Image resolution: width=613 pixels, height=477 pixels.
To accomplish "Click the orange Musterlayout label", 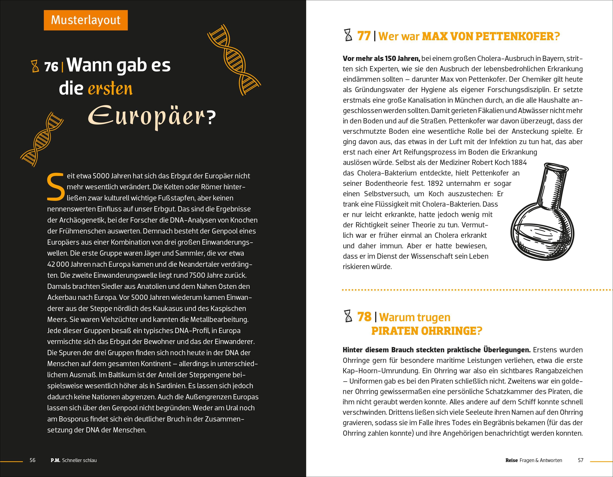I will pyautogui.click(x=86, y=20).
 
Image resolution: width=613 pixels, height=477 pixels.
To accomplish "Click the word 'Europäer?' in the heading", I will pyautogui.click(x=152, y=116).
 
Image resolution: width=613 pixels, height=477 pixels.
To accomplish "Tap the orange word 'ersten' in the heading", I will pyautogui.click(x=110, y=89).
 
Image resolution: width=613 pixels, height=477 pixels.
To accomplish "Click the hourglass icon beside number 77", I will pyautogui.click(x=348, y=36).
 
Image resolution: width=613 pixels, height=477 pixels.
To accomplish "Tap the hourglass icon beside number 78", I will pyautogui.click(x=348, y=316).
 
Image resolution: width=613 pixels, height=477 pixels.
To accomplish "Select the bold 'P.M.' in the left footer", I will pyautogui.click(x=55, y=460).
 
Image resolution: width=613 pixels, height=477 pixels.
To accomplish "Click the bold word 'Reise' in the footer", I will pyautogui.click(x=511, y=460).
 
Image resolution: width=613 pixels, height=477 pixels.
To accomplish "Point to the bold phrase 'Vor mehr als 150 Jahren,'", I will pyautogui.click(x=381, y=59).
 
